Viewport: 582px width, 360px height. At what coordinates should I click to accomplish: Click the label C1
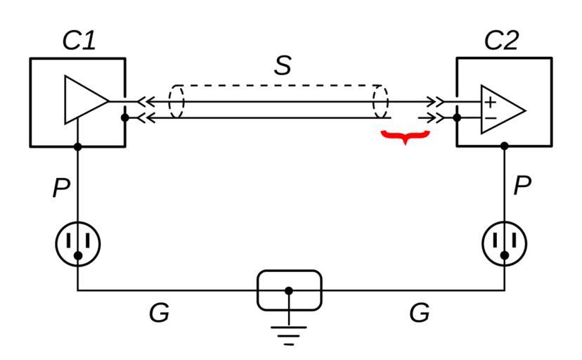point(79,41)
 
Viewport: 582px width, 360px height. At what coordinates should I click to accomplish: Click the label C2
point(501,41)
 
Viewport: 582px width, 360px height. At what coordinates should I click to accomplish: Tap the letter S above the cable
point(283,65)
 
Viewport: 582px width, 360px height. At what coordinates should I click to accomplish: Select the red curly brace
point(404,136)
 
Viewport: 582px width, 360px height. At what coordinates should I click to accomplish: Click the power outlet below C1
point(78,243)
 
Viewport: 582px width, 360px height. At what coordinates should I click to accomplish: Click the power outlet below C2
point(504,243)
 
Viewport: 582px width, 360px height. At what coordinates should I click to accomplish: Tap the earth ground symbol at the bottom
point(289,333)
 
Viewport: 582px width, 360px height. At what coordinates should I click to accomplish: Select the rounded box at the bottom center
point(289,290)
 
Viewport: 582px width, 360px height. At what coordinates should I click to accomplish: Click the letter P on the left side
point(61,188)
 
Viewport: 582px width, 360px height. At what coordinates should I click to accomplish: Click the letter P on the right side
point(522,186)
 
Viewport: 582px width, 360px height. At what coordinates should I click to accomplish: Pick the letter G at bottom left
point(159,313)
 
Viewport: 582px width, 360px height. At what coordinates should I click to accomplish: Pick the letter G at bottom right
point(419,313)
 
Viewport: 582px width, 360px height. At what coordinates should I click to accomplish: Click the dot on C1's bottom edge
point(78,146)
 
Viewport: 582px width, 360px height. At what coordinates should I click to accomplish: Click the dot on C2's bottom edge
point(504,146)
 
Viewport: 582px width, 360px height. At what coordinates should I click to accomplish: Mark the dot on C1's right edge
point(125,117)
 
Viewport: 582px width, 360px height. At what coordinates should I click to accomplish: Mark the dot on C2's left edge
point(457,117)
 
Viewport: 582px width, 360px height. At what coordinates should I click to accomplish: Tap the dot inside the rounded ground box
point(289,290)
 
